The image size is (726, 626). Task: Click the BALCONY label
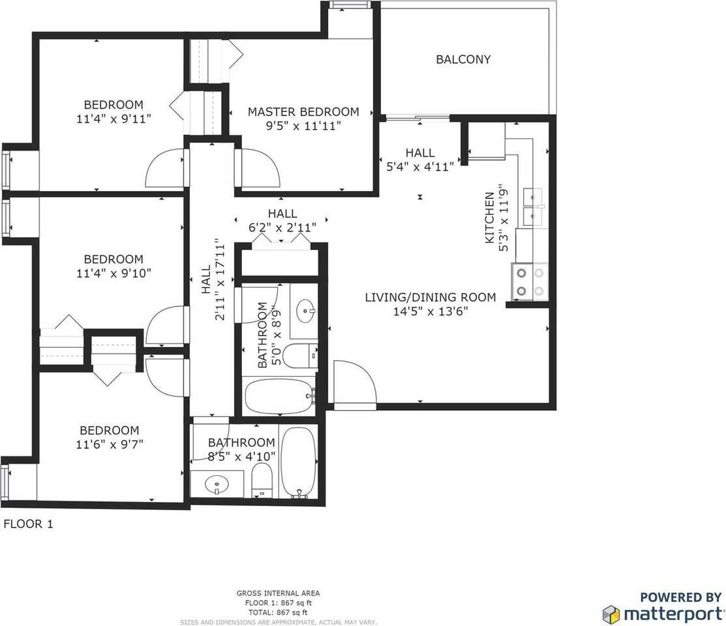click(x=463, y=59)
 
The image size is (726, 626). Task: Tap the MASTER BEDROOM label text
click(x=303, y=112)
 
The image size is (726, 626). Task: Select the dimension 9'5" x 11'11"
click(x=303, y=126)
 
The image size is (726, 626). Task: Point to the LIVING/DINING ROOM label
click(x=430, y=297)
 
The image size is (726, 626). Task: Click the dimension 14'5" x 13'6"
click(x=430, y=312)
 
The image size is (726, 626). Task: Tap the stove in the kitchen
click(x=530, y=282)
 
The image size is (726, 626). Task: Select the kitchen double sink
click(x=534, y=207)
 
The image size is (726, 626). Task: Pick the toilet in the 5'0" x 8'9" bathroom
click(x=304, y=356)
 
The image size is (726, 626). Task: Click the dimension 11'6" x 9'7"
click(x=109, y=444)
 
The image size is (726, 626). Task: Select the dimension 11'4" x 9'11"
click(x=113, y=119)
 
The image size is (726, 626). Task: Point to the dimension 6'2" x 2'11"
click(x=282, y=228)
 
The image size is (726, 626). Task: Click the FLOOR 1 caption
click(x=28, y=524)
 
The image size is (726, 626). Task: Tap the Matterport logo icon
click(x=611, y=614)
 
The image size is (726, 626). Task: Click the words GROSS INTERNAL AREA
click(x=278, y=593)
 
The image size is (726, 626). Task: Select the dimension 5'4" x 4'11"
click(x=419, y=166)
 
